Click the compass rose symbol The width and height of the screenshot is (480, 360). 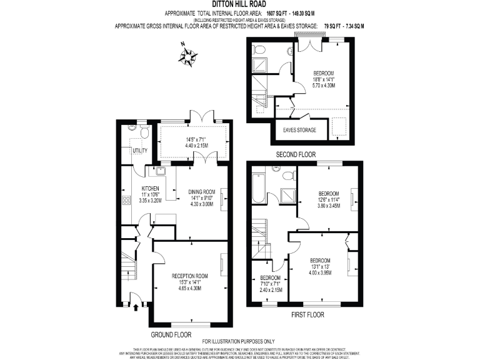click(x=188, y=56)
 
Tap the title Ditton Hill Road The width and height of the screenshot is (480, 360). click(x=239, y=4)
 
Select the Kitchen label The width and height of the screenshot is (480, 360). click(x=151, y=188)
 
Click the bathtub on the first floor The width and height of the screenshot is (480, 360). click(x=258, y=187)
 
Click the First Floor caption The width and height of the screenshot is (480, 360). click(x=307, y=315)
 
